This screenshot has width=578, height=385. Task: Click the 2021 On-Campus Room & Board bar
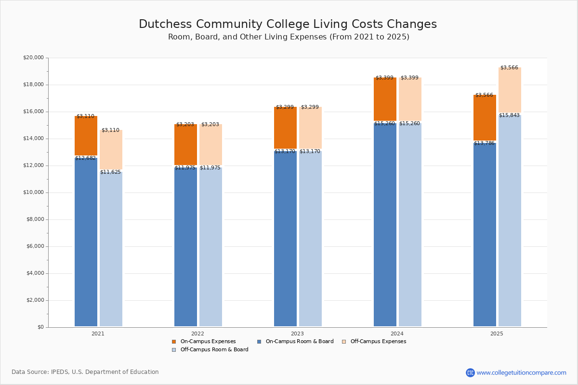click(86, 242)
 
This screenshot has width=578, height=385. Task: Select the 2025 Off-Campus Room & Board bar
click(510, 220)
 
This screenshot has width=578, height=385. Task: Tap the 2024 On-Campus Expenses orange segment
click(385, 99)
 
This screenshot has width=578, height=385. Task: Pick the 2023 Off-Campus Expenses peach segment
click(310, 128)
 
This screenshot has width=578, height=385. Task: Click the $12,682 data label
click(85, 158)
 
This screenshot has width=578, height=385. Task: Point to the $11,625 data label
click(110, 172)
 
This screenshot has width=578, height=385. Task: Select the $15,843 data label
click(509, 115)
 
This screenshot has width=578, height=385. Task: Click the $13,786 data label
click(484, 143)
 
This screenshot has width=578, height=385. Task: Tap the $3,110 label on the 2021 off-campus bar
click(110, 130)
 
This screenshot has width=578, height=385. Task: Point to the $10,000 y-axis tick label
click(34, 192)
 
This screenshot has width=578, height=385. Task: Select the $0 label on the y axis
click(41, 327)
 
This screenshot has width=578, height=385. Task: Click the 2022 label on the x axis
click(197, 334)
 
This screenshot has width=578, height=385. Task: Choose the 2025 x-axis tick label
click(497, 334)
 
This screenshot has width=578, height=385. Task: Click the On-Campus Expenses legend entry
click(204, 341)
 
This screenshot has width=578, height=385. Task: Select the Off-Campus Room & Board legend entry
click(210, 350)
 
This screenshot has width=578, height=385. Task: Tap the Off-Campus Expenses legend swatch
click(344, 342)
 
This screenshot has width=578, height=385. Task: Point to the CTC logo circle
click(470, 372)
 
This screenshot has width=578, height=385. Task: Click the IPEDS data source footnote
click(85, 372)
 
